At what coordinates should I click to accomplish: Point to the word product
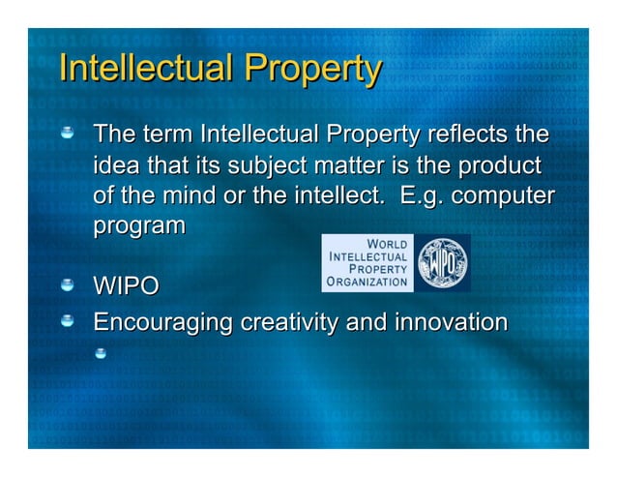point(494,164)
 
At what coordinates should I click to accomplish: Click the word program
point(138,226)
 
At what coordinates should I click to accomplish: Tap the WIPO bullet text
point(126,287)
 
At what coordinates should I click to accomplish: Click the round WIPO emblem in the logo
point(442,262)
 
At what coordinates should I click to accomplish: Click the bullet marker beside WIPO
point(69,286)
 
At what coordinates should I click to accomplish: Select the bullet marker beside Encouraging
point(69,320)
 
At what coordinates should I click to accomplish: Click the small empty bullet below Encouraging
point(99,352)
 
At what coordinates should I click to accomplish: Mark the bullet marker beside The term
point(69,133)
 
